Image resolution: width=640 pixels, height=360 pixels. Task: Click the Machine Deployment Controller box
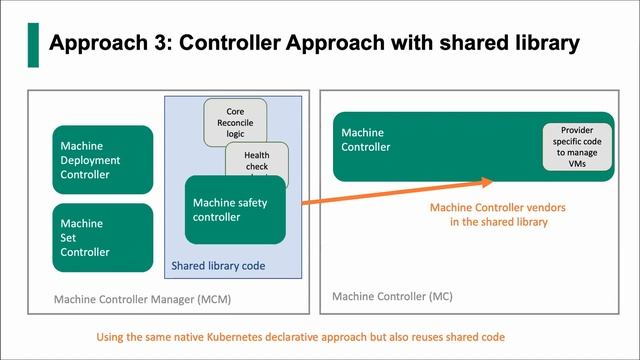point(104,160)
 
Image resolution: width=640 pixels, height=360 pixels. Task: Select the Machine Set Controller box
point(104,238)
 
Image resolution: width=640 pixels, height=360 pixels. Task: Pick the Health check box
point(257,159)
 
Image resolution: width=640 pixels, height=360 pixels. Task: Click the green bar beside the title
point(33,44)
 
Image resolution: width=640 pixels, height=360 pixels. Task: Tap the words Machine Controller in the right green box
point(369,139)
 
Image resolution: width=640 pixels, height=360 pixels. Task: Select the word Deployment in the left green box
point(90,160)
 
